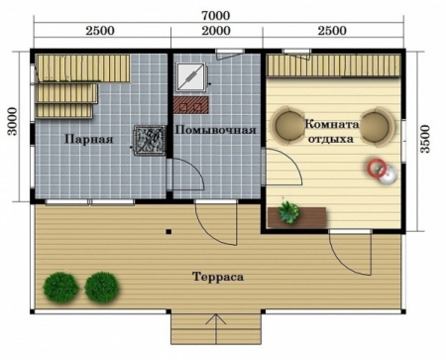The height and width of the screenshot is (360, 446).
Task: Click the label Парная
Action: [88, 140]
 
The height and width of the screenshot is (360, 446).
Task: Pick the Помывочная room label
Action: [216, 130]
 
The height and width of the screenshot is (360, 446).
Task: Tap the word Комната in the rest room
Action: [331, 125]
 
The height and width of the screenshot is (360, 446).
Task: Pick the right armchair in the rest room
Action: [375, 126]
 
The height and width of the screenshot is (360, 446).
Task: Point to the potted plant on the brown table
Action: [288, 210]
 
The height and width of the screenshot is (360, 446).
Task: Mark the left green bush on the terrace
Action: [60, 289]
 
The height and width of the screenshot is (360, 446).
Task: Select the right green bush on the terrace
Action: [100, 288]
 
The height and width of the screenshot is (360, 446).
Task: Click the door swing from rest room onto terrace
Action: [349, 254]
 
